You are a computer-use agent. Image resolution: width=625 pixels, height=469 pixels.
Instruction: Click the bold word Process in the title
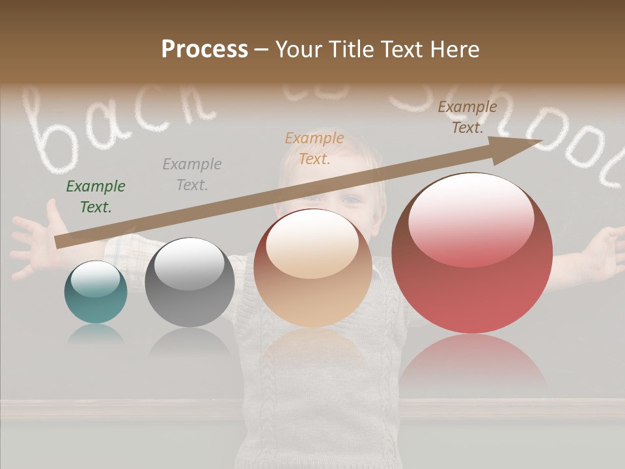click(x=204, y=50)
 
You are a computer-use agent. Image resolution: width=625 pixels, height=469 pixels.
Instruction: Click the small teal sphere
click(x=96, y=292)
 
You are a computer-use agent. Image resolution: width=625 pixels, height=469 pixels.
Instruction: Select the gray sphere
click(x=189, y=283)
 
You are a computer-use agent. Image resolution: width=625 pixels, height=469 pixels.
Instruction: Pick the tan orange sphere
click(x=312, y=268)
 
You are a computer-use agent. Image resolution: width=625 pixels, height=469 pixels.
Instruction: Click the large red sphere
click(x=472, y=254)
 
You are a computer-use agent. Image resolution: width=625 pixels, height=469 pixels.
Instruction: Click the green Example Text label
click(x=96, y=197)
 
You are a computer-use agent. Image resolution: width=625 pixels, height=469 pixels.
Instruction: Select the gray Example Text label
click(x=192, y=174)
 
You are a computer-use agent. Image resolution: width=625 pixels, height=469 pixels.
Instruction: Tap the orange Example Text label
click(x=314, y=148)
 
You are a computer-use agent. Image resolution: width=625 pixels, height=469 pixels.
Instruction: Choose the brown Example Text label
click(x=467, y=117)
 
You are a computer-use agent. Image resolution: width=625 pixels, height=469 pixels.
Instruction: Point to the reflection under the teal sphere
click(x=96, y=336)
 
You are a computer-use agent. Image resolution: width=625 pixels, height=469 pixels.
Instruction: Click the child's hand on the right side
click(x=602, y=251)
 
